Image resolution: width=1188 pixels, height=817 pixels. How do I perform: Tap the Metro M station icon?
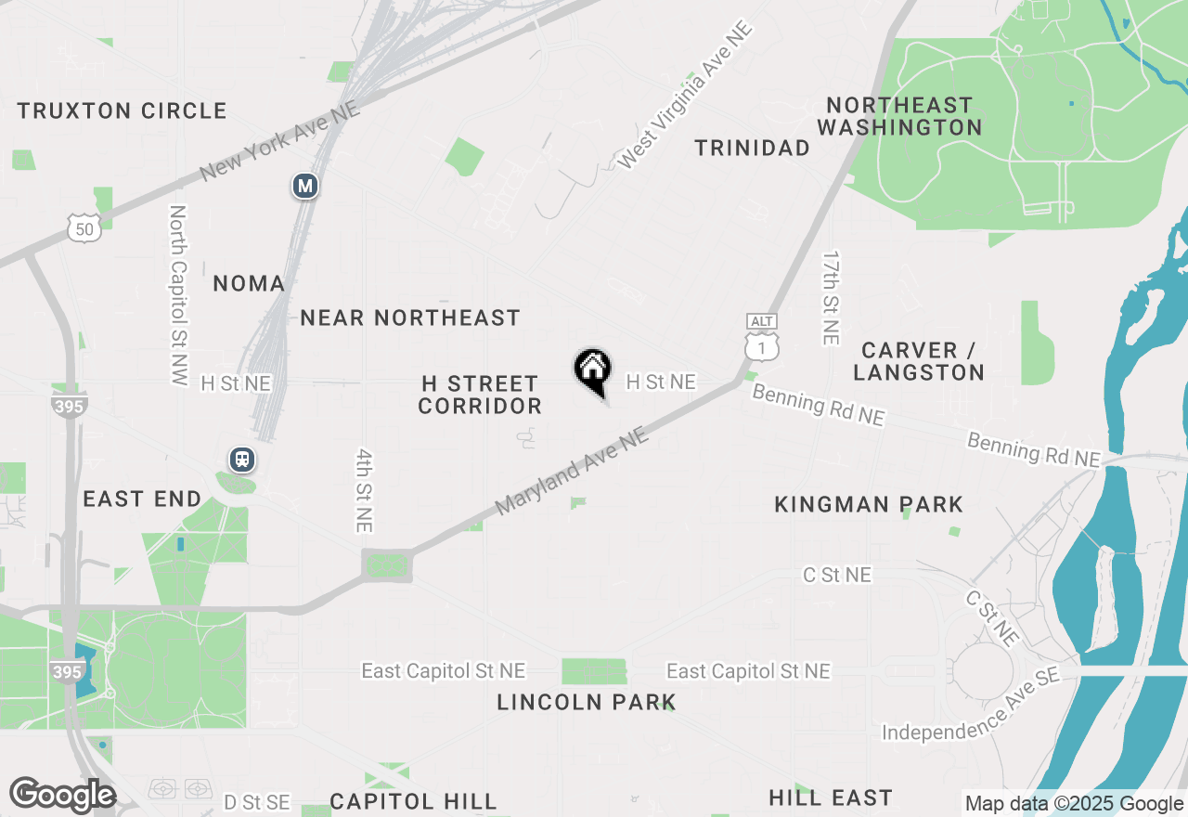point(305,186)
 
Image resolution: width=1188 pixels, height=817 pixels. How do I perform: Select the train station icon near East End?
point(243,459)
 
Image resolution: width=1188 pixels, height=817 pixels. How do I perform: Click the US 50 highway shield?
point(84,227)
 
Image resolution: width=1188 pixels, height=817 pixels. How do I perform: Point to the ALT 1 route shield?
point(762,338)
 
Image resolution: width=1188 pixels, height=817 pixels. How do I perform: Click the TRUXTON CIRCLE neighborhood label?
point(122,110)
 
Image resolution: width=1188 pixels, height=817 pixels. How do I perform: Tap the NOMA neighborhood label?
point(249,283)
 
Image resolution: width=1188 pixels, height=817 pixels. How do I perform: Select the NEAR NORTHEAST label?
point(410,318)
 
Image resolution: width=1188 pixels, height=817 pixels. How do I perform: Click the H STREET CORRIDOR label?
point(480,395)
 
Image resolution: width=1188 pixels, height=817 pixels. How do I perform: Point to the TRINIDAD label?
point(753,148)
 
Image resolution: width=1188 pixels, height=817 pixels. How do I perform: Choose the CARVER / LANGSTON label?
point(919,361)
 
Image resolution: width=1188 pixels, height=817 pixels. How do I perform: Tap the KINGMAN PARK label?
point(870,504)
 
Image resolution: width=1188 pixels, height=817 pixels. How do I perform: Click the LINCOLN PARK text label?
point(586,702)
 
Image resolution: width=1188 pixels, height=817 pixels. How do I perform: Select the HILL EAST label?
point(831,798)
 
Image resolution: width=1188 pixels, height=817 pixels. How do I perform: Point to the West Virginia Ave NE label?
point(684,96)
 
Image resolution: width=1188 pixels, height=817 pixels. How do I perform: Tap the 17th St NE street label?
point(832,298)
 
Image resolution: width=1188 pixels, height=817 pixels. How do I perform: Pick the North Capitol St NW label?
point(178,295)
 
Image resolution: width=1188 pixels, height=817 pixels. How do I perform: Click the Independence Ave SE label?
point(971,707)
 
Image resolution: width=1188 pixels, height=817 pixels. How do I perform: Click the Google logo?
point(62,795)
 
